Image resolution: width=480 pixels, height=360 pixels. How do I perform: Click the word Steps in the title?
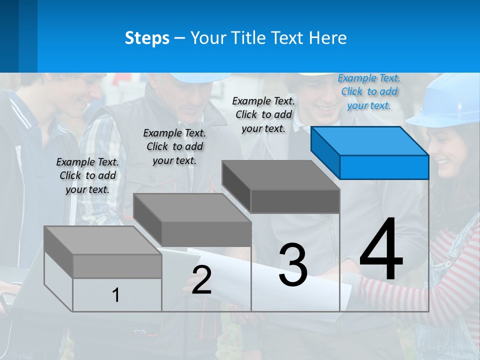click(147, 38)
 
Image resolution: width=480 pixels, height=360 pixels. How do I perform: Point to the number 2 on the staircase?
click(201, 279)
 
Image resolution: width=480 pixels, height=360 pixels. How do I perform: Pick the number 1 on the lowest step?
click(116, 295)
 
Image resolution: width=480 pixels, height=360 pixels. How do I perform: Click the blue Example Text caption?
click(369, 91)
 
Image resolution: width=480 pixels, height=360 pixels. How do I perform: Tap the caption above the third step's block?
click(263, 114)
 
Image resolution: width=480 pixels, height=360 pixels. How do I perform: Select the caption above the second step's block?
click(174, 146)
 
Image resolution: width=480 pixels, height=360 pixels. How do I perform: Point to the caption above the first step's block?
click(87, 175)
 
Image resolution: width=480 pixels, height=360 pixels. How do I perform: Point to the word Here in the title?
click(328, 38)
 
